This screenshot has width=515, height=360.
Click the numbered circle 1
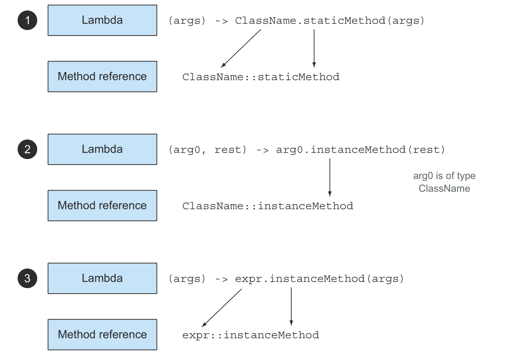point(27,20)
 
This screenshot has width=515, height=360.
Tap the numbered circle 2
point(27,149)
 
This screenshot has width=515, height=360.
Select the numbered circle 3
point(27,278)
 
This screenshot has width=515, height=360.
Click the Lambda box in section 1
point(102,20)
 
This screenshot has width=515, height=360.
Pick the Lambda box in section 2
point(102,149)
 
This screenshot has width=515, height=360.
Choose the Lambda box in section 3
point(102,278)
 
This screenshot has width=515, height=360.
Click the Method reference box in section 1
point(102,76)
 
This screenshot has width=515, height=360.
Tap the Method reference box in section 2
point(102,205)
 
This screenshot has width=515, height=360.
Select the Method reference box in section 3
point(102,334)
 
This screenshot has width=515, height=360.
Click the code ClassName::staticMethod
point(261,77)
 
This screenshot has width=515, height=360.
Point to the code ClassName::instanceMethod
point(267,206)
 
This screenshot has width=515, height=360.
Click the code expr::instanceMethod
point(251,335)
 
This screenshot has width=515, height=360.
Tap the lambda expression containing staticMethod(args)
point(296,21)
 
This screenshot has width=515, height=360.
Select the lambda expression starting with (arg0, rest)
point(307,150)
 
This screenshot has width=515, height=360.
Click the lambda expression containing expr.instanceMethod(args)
point(286,279)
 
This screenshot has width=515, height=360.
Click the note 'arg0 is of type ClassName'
point(444,182)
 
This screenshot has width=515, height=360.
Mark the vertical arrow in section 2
point(329,177)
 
